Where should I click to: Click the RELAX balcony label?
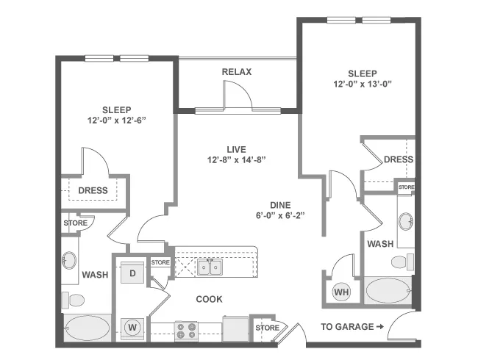237,72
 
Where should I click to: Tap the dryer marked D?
132,273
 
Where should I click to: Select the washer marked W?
132,328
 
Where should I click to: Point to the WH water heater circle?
341,292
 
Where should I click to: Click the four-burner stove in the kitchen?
186,331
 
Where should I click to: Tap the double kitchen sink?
210,267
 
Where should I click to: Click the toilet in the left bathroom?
73,300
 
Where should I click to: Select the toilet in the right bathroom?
402,262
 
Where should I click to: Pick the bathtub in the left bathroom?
88,328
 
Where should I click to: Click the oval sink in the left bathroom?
70,260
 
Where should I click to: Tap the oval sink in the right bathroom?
406,221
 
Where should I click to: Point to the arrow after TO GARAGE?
380,327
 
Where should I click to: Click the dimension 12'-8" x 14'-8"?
237,160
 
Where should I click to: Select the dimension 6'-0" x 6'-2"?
280,216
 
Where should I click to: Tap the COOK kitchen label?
209,300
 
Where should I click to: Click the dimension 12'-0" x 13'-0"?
363,84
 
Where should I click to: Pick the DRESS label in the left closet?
93,191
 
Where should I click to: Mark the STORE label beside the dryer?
160,262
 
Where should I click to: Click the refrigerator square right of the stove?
235,329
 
